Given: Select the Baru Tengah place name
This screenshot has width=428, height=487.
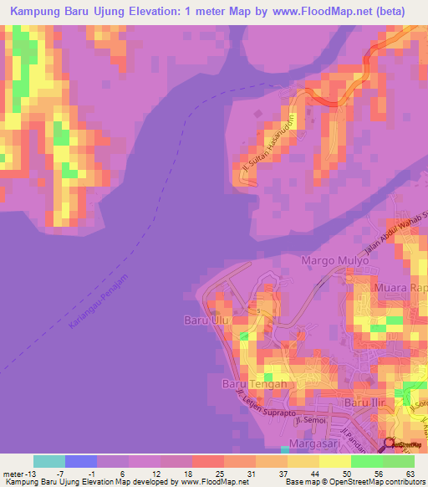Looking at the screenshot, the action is click(254, 384).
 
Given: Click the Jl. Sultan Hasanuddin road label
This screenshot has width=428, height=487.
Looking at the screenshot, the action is click(265, 139).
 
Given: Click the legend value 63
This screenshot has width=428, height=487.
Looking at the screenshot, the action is click(409, 473).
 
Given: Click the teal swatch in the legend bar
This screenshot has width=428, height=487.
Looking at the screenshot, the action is click(49, 461).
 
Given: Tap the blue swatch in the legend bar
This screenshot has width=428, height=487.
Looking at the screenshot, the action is click(81, 461).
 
